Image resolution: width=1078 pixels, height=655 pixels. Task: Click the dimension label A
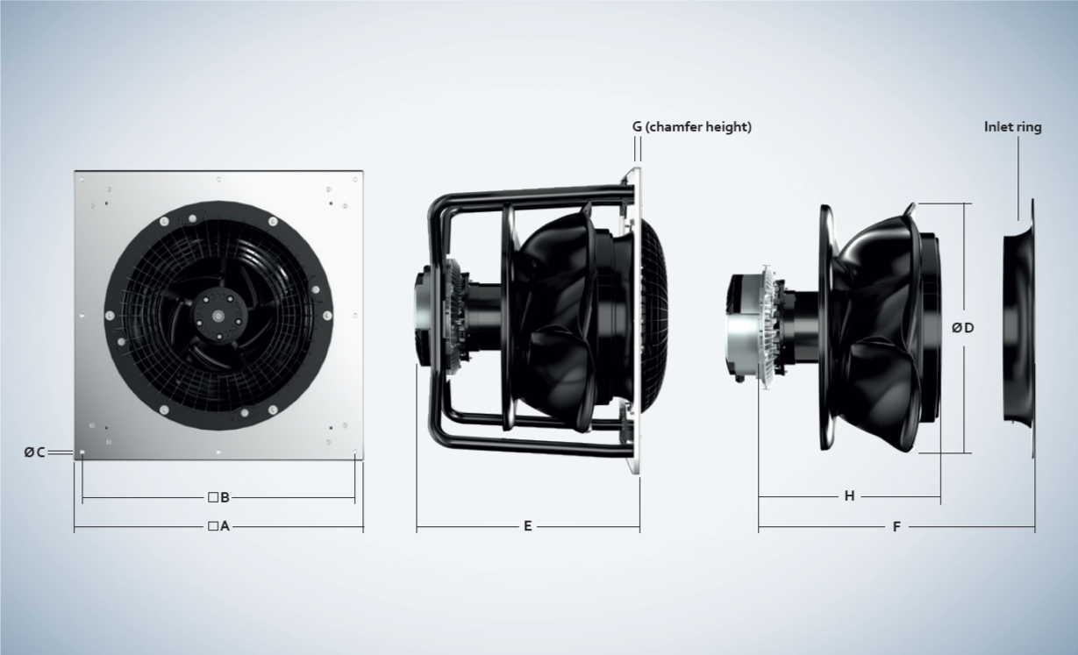click(225, 526)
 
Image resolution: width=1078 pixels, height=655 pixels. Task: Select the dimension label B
click(225, 497)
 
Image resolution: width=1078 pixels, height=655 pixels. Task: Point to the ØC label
click(35, 452)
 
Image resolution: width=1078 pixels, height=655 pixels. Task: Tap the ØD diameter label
click(963, 328)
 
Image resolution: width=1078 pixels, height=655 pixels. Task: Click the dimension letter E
click(528, 526)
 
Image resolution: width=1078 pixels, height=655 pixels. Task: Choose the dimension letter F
click(896, 526)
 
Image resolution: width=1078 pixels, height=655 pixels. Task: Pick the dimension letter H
click(850, 495)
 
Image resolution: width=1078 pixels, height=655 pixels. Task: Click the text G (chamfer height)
click(691, 127)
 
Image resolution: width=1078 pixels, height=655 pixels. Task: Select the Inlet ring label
click(1013, 127)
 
